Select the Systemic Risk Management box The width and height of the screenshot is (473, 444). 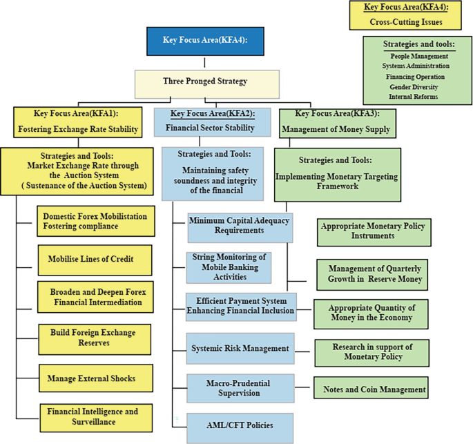[x=240, y=347]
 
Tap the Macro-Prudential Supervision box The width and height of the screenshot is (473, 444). [x=240, y=388]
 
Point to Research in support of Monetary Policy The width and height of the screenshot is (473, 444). [x=371, y=353]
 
